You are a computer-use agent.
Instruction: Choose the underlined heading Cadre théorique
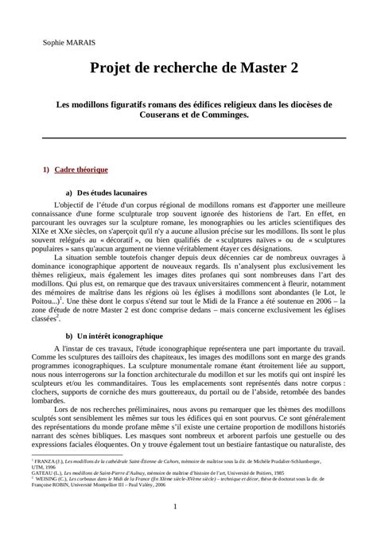[x=86, y=170]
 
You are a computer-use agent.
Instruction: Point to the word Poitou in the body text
[x=50, y=303]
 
